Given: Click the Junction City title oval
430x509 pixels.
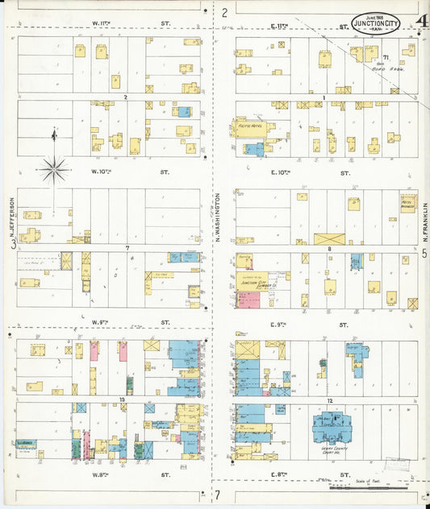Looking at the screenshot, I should tap(378, 24).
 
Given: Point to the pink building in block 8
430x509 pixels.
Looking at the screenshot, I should tap(248, 300).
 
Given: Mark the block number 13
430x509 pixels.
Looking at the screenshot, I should tap(122, 399).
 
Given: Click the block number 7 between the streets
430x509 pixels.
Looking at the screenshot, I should tap(127, 247).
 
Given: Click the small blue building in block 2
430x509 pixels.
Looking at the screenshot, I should tap(184, 112).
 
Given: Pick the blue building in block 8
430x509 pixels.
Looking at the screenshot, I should tap(356, 260).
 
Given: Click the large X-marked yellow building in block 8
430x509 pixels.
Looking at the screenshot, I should tap(329, 238).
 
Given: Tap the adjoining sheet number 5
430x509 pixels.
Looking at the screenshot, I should tap(424, 252).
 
